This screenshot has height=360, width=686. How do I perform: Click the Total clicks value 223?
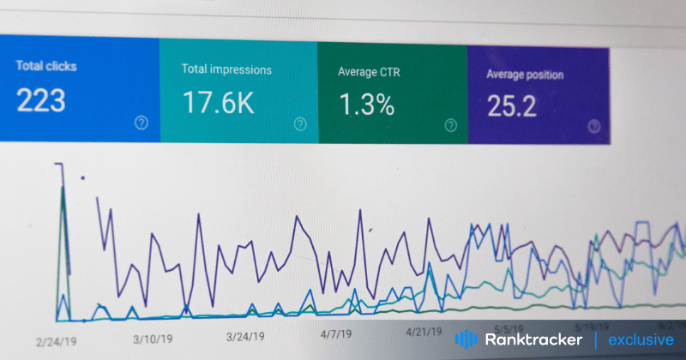pyautogui.click(x=41, y=100)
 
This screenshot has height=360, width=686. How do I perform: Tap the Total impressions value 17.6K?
pyautogui.click(x=218, y=103)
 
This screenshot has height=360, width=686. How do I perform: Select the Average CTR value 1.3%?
pyautogui.click(x=366, y=105)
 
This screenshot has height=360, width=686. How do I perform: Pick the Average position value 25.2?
pyautogui.click(x=513, y=106)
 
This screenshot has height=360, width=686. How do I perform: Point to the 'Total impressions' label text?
pyautogui.click(x=226, y=69)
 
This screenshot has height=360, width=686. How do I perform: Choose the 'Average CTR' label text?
pyautogui.click(x=370, y=71)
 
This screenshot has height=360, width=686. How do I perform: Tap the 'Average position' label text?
pyautogui.click(x=525, y=75)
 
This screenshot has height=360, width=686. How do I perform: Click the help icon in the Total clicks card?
pyautogui.click(x=141, y=123)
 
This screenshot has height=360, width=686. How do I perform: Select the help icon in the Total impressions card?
pyautogui.click(x=300, y=124)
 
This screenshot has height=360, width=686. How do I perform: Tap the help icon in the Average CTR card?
pyautogui.click(x=451, y=126)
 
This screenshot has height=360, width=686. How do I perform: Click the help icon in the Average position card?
pyautogui.click(x=593, y=126)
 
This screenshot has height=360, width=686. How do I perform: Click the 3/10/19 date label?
pyautogui.click(x=153, y=339)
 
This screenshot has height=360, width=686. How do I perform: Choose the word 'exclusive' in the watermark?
pyautogui.click(x=641, y=340)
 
